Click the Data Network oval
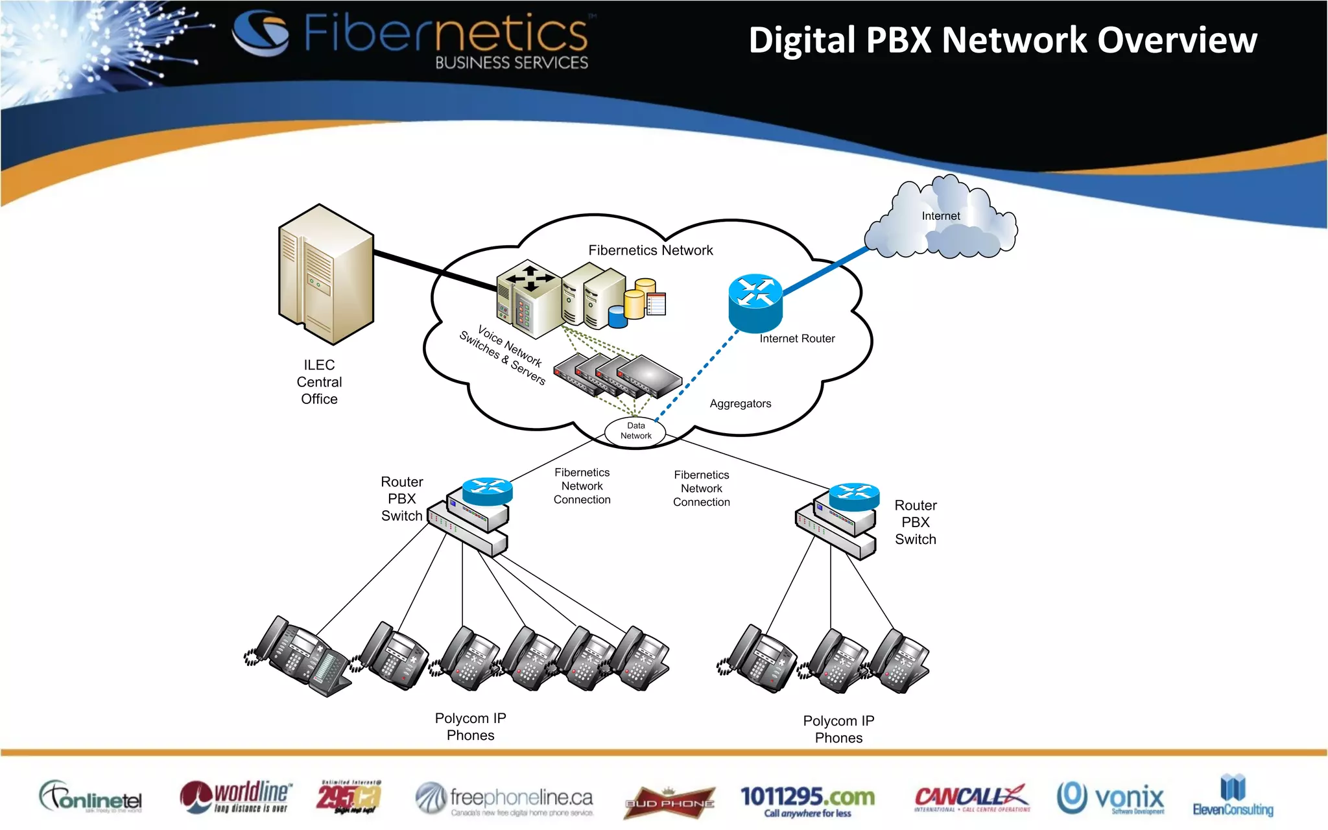coord(635,431)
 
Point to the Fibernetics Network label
coord(650,250)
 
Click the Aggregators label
coord(741,403)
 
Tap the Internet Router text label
coord(797,338)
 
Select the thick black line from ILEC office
coord(434,270)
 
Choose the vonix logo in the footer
coord(1111,798)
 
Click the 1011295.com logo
coord(807,800)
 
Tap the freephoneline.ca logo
coord(504,799)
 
